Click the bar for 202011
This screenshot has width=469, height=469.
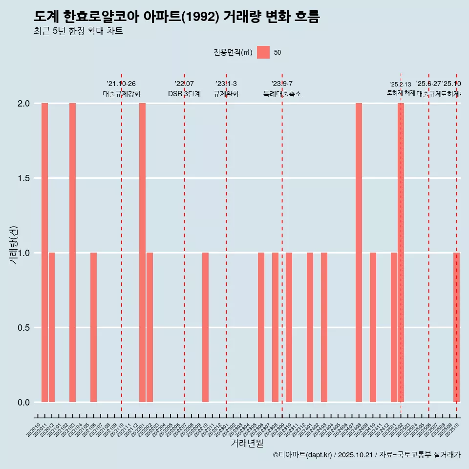click(x=44, y=253)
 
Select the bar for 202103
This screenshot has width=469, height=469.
click(x=72, y=253)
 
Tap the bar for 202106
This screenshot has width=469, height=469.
click(x=93, y=327)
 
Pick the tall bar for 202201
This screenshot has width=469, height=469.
click(x=142, y=253)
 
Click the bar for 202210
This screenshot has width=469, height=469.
click(x=205, y=327)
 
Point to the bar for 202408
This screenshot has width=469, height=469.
click(x=359, y=253)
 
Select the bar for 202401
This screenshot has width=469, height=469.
click(x=310, y=327)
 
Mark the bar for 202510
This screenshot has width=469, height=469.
click(x=456, y=327)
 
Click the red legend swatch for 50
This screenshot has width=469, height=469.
click(x=263, y=52)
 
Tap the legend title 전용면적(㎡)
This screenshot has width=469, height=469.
click(x=233, y=52)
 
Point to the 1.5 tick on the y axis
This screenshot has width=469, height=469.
click(x=23, y=178)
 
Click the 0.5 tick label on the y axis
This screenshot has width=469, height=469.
click(x=23, y=328)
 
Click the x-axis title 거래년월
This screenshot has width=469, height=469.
click(x=247, y=443)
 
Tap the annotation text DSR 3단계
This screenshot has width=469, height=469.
click(x=184, y=94)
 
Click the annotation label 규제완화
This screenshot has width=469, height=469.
click(x=226, y=94)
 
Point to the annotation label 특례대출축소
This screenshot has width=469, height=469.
click(x=282, y=94)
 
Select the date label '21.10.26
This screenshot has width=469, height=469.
click(x=121, y=84)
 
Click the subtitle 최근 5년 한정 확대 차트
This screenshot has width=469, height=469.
click(x=78, y=31)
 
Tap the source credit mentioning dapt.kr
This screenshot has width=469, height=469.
click(x=366, y=455)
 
